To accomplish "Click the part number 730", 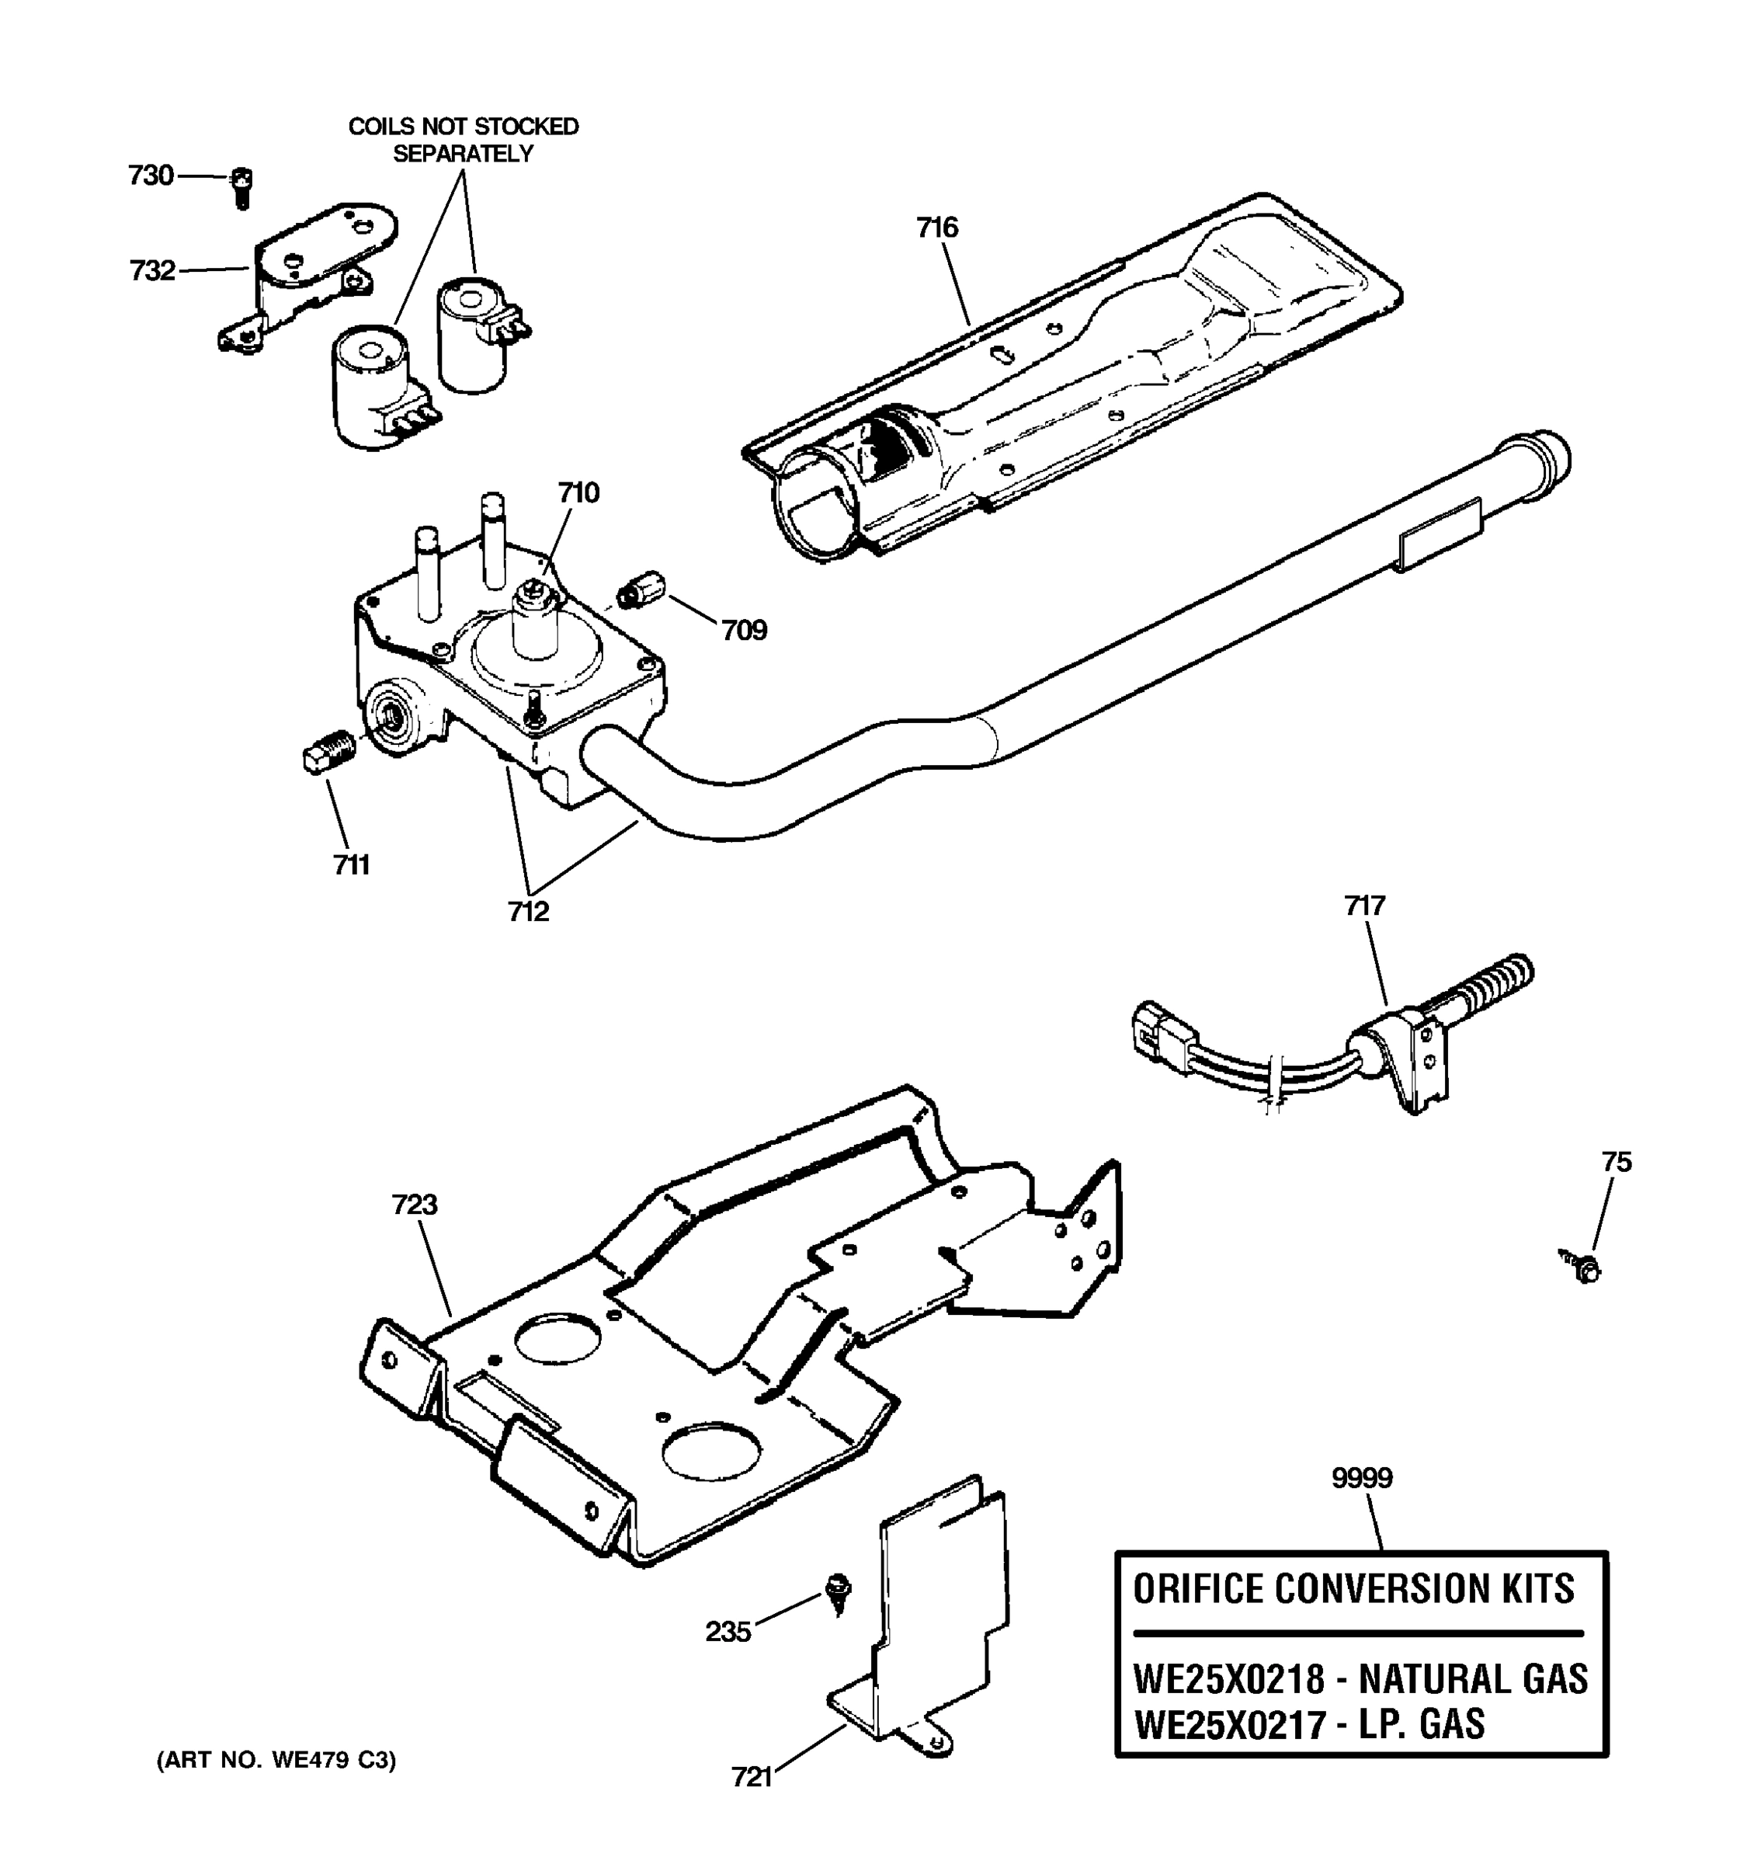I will pos(151,176).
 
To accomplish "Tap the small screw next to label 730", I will pos(241,187).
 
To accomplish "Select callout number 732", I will pos(152,271).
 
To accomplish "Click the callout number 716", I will pos(936,228).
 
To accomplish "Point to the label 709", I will pos(743,630).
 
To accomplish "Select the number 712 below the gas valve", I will pos(528,911).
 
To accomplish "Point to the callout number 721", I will pos(751,1777).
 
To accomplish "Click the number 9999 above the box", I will pos(1362,1478).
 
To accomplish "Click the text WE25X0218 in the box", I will pos(1228,1679).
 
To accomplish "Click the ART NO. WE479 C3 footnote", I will pos(276,1760).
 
